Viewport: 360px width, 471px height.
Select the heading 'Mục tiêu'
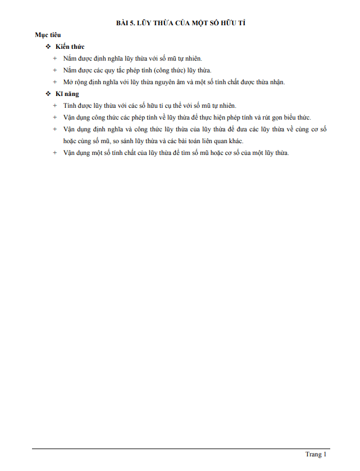click(x=48, y=35)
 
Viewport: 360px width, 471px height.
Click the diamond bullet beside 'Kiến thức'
click(x=48, y=47)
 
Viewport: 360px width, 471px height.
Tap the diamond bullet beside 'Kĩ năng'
click(x=48, y=94)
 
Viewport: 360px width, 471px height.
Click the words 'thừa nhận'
click(x=269, y=82)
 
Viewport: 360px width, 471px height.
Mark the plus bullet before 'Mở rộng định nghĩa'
click(x=55, y=82)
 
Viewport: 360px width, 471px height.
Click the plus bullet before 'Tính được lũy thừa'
click(x=55, y=106)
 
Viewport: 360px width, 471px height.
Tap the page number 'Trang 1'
click(x=316, y=454)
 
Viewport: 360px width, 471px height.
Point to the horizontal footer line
click(x=180, y=449)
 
